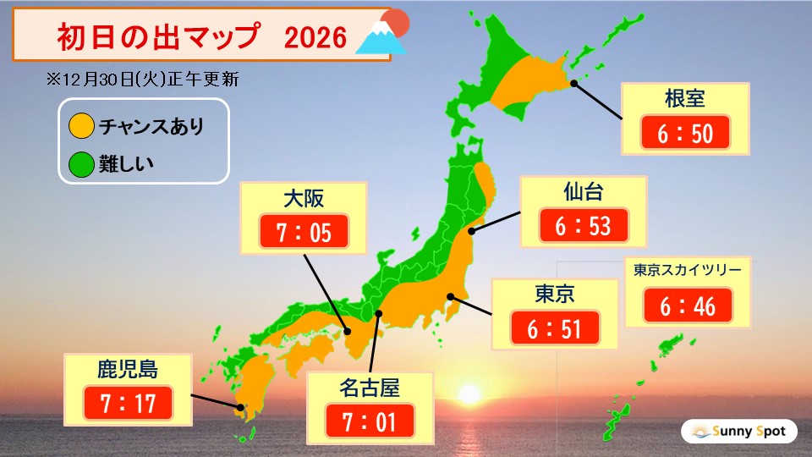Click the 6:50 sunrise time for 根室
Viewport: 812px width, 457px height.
pos(684,133)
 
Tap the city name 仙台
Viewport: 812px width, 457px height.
pos(583,192)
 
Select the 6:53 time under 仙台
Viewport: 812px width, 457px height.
pos(583,225)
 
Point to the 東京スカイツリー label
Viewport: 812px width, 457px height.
pos(688,271)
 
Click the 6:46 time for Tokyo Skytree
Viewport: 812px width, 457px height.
pos(688,306)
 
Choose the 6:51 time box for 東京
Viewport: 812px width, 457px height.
pos(554,328)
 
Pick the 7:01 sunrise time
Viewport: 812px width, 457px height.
pos(369,421)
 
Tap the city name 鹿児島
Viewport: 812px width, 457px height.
pos(127,368)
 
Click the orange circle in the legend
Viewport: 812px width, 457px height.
pos(81,128)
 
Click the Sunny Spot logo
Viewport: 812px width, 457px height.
pos(738,432)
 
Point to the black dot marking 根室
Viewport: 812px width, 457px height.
pos(574,83)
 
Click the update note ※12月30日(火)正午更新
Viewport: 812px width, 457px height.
pos(143,80)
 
